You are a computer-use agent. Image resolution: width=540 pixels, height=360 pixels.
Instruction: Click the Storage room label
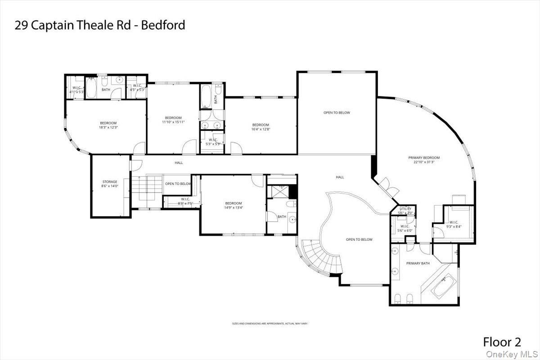pyautogui.click(x=110, y=182)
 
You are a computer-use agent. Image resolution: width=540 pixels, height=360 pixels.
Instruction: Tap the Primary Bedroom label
pyautogui.click(x=423, y=157)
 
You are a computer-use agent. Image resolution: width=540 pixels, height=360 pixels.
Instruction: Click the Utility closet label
pyautogui.click(x=405, y=209)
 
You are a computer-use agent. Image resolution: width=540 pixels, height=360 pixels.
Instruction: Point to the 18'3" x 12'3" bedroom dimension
pyautogui.click(x=108, y=127)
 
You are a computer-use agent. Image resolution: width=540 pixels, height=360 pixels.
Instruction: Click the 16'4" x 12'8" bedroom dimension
pyautogui.click(x=261, y=129)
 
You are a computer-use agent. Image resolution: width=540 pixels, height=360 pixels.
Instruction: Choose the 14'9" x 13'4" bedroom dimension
pyautogui.click(x=234, y=207)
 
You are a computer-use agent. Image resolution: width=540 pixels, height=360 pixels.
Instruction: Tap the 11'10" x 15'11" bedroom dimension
pyautogui.click(x=173, y=122)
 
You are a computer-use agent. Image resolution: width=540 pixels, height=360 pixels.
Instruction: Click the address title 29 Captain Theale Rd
pyautogui.click(x=100, y=25)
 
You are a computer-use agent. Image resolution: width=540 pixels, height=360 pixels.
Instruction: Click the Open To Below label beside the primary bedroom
pyautogui.click(x=337, y=112)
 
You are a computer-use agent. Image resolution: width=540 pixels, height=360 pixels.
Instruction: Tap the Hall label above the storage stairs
pyautogui.click(x=179, y=162)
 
